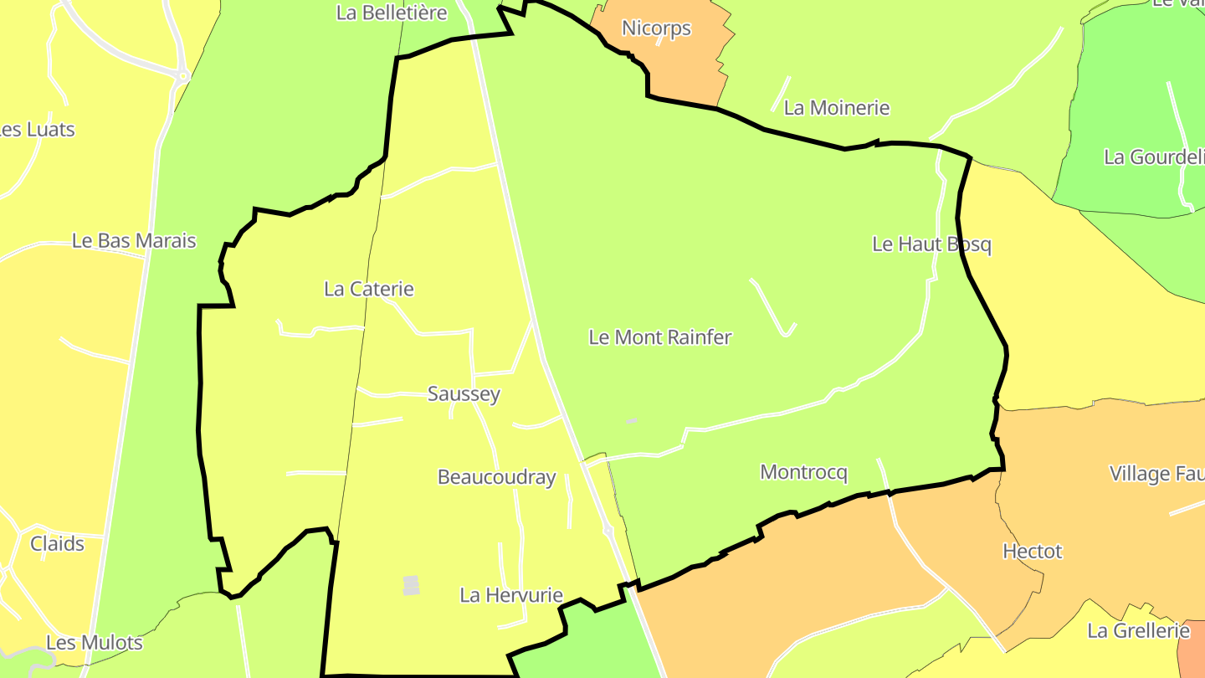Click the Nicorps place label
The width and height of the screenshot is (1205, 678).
[656, 28]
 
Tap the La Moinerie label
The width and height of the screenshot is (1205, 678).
[836, 108]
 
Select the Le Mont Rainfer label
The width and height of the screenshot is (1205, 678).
[660, 337]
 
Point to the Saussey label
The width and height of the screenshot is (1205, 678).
[464, 393]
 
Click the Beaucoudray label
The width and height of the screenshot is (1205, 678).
[496, 477]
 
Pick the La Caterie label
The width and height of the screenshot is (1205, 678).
[369, 289]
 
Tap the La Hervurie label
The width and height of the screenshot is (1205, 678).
[511, 595]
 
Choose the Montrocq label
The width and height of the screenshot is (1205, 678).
[803, 472]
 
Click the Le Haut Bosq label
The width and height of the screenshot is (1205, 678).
[931, 244]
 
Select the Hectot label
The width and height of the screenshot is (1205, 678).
[1032, 552]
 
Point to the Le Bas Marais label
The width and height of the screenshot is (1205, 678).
[134, 241]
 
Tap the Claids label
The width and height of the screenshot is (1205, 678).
[57, 544]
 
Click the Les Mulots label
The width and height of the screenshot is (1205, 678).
[94, 643]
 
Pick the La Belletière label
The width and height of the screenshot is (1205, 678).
[392, 13]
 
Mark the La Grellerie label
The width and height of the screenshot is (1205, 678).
[1138, 630]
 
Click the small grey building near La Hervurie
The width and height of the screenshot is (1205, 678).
[411, 585]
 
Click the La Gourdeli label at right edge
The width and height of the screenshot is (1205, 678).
[1154, 157]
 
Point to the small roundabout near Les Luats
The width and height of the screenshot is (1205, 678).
[183, 76]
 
